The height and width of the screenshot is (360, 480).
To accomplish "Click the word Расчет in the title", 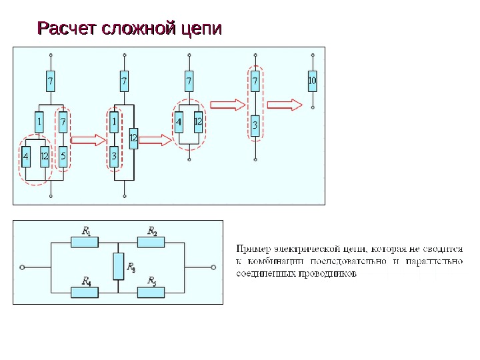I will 65,30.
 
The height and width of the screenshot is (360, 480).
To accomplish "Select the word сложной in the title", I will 137,30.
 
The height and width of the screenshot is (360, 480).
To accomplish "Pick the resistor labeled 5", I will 63,157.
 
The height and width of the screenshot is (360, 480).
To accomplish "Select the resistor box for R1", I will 85,243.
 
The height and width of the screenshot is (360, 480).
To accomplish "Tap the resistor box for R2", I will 152,243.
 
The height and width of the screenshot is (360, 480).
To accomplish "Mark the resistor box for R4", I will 85,291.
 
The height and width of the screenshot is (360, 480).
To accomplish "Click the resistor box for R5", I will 152,291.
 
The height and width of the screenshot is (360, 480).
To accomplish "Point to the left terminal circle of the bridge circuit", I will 22,267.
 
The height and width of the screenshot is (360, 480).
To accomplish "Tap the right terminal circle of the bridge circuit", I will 214,267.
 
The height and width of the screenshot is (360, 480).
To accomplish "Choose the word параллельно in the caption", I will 436,261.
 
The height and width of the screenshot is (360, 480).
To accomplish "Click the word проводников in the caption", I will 329,273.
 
